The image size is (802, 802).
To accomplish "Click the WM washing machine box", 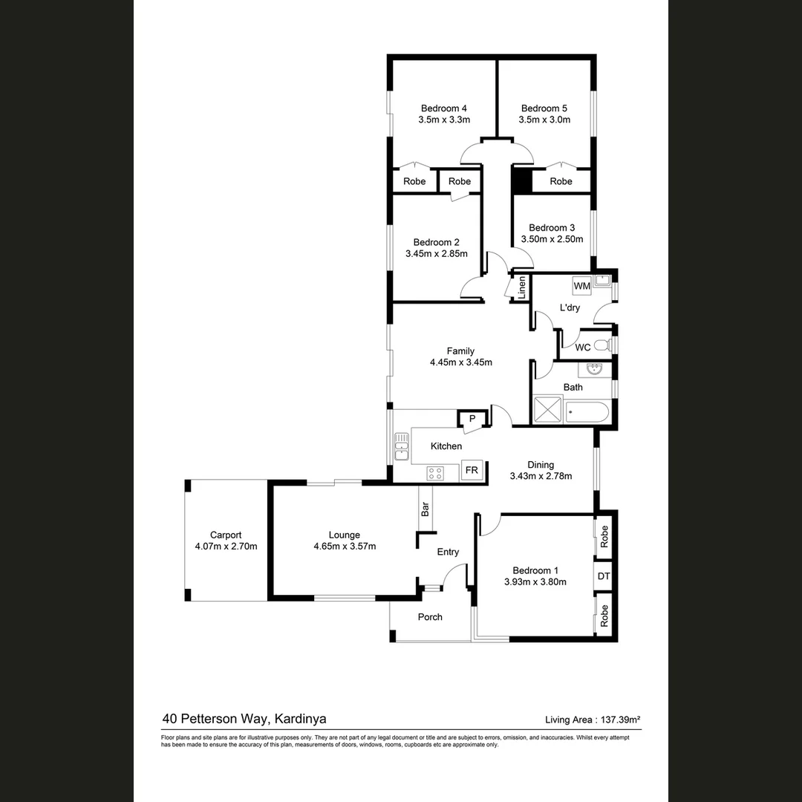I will [x=581, y=286].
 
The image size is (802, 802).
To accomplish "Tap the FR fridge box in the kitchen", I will [x=472, y=470].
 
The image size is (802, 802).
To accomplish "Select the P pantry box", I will [x=472, y=420].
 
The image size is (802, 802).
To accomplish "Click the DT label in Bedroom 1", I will [x=604, y=576].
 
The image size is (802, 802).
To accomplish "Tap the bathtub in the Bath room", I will [x=587, y=411].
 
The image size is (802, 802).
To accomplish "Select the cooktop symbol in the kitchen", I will [x=435, y=472].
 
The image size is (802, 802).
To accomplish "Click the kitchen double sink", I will [x=401, y=446].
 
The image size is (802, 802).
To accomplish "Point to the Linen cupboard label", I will [x=522, y=287].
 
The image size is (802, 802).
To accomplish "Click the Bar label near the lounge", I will [x=426, y=509].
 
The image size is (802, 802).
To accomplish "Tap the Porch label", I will [x=430, y=617].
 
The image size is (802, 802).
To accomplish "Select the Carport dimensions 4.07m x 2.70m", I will [x=226, y=547].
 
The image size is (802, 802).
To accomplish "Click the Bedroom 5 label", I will [x=544, y=108].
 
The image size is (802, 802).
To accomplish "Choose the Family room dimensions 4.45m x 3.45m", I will [x=460, y=363].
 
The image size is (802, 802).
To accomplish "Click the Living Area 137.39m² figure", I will [x=593, y=719].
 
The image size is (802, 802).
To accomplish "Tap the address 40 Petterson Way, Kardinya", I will [x=244, y=718].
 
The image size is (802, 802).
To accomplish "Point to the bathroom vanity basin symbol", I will [x=593, y=369].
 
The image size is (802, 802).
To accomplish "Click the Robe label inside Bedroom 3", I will [x=561, y=181].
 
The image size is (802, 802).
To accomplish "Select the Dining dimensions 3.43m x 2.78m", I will [x=541, y=476].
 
